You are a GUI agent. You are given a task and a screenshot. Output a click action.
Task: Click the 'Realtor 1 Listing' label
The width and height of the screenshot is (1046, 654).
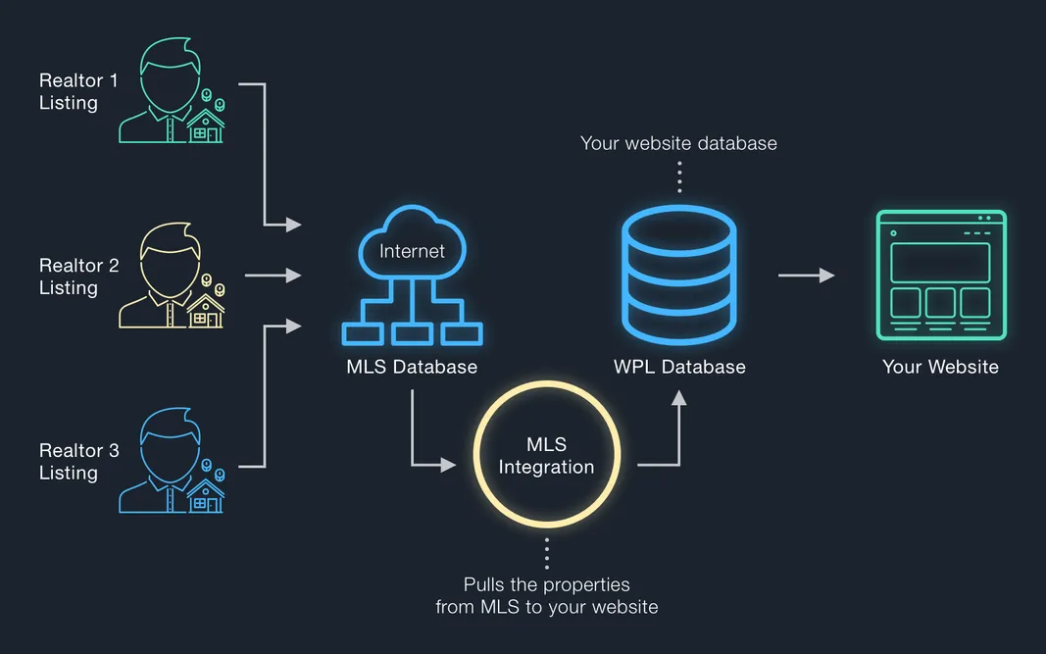(x=78, y=91)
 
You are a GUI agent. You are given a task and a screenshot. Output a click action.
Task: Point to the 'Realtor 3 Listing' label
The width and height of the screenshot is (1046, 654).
(x=78, y=462)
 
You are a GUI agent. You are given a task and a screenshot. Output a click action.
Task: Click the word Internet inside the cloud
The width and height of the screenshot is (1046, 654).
(x=412, y=251)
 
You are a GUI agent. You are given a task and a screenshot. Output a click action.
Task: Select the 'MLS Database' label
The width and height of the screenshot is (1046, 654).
(x=412, y=368)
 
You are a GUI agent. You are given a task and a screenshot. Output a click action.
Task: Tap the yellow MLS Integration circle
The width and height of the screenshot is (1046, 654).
(x=546, y=456)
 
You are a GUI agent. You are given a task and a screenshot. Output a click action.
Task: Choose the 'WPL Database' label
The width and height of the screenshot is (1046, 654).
(x=679, y=368)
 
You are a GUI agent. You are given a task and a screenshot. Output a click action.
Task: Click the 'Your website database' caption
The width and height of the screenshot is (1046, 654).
(x=678, y=143)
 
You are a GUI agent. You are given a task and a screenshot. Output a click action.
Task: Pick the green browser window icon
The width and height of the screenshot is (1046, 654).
(x=940, y=276)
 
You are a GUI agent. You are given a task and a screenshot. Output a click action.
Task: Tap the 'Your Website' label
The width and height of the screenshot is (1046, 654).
(x=940, y=368)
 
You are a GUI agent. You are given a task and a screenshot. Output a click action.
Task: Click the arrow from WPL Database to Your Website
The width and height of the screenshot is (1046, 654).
(x=806, y=277)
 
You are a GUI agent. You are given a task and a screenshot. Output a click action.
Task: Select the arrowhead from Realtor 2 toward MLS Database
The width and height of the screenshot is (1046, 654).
(x=292, y=277)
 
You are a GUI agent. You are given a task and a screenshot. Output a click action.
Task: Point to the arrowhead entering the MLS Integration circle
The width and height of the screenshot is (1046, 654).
(x=449, y=465)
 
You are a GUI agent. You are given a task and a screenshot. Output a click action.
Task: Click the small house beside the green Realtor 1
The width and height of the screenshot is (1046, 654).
(x=206, y=126)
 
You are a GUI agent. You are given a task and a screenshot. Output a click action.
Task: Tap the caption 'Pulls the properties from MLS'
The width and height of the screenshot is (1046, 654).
(x=546, y=596)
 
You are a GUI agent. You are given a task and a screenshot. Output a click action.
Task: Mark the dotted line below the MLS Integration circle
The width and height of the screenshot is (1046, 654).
(x=546, y=552)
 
